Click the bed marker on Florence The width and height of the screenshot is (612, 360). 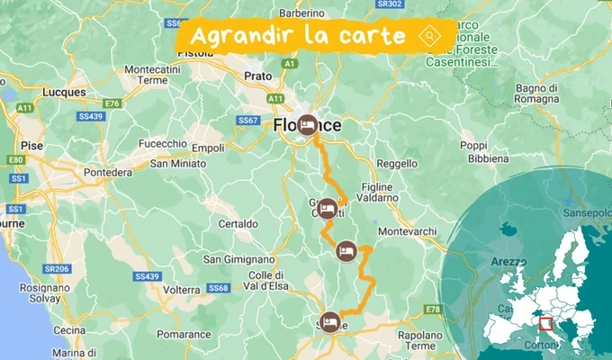[x=308, y=125]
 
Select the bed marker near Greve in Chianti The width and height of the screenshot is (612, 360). [x=328, y=208]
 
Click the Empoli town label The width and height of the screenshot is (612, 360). [x=208, y=148]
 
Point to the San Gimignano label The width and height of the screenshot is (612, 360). [x=238, y=260]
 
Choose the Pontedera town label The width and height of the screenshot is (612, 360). [x=107, y=172]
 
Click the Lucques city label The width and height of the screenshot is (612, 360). [x=64, y=92]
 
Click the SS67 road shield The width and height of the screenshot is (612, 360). [x=248, y=120]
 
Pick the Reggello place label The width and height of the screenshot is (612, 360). [x=397, y=164]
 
